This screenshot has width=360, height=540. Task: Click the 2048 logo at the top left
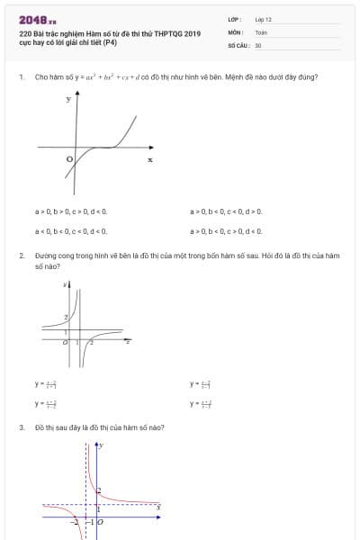pyautogui.click(x=37, y=19)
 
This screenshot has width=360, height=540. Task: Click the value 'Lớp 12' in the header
pyautogui.click(x=263, y=19)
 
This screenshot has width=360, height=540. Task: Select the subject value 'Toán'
pyautogui.click(x=261, y=31)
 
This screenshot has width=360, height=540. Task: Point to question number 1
pyautogui.click(x=21, y=77)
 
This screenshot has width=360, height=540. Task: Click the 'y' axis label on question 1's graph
pyautogui.click(x=67, y=99)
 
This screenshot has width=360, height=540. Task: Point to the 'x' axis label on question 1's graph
pyautogui.click(x=150, y=159)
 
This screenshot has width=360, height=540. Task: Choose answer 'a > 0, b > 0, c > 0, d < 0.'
pyautogui.click(x=71, y=211)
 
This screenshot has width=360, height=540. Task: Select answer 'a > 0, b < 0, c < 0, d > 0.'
pyautogui.click(x=227, y=211)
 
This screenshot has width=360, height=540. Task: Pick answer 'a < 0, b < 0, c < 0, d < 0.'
pyautogui.click(x=71, y=231)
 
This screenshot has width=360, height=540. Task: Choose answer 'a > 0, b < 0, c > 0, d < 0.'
pyautogui.click(x=227, y=231)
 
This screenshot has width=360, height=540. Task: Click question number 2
pyautogui.click(x=21, y=256)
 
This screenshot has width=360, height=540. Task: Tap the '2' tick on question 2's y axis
pyautogui.click(x=64, y=318)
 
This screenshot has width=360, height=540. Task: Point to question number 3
pyautogui.click(x=21, y=427)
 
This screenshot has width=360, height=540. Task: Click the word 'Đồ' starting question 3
pyautogui.click(x=39, y=427)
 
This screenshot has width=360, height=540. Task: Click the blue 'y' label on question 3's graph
pyautogui.click(x=101, y=445)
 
